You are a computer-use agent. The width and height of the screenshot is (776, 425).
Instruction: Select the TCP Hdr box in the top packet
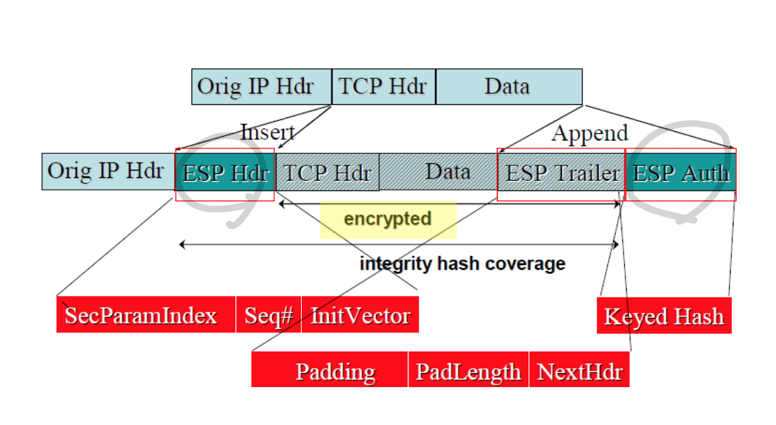click(x=383, y=87)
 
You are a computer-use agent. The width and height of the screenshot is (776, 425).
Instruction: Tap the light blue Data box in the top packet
click(x=508, y=87)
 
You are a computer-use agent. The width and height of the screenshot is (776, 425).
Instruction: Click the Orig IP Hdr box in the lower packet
click(x=108, y=172)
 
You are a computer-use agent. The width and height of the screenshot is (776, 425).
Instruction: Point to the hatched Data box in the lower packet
click(x=447, y=172)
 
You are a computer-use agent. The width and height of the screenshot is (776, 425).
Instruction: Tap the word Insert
click(x=267, y=133)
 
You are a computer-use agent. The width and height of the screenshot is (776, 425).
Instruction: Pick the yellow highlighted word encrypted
click(x=388, y=219)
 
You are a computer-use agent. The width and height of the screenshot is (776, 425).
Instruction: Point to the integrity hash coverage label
click(x=462, y=263)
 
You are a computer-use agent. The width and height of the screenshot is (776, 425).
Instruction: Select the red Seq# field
click(x=268, y=314)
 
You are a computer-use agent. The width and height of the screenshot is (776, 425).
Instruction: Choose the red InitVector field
click(x=360, y=314)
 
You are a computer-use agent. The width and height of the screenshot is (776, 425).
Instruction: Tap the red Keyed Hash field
click(x=664, y=316)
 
